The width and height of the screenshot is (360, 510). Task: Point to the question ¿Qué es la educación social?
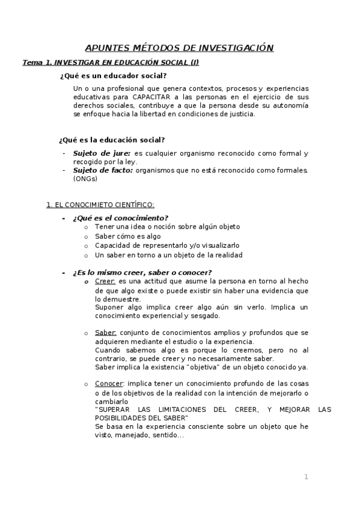coord(112,140)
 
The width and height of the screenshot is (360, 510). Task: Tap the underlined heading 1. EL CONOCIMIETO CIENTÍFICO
coord(100,204)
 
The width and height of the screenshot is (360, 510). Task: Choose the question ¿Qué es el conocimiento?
coord(120,217)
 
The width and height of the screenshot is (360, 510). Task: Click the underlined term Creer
coord(105,281)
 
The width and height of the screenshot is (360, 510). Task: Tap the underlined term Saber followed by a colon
coord(106,333)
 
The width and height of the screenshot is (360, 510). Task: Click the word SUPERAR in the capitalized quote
coord(112,410)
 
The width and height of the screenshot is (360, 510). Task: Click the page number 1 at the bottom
coord(306,478)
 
